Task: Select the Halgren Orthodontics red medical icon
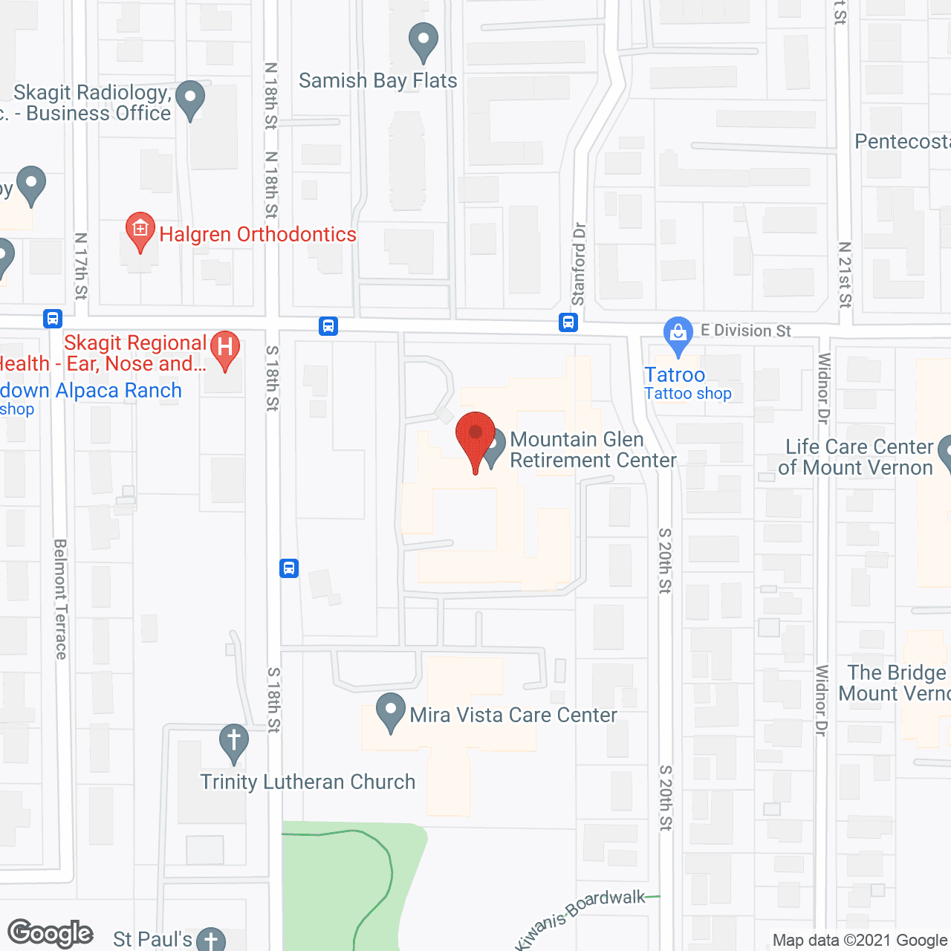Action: (x=140, y=230)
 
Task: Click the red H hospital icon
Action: (x=224, y=348)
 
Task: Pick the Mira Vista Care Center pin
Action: (x=391, y=711)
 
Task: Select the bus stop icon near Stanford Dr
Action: (x=568, y=322)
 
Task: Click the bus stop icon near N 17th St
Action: (x=53, y=319)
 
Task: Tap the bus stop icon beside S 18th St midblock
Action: (x=289, y=568)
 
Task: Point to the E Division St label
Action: (x=745, y=331)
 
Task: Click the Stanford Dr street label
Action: (x=579, y=264)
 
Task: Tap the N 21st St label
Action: (x=845, y=274)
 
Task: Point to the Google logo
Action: (x=51, y=933)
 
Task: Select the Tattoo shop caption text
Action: (x=687, y=394)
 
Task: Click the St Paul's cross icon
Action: (x=211, y=940)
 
